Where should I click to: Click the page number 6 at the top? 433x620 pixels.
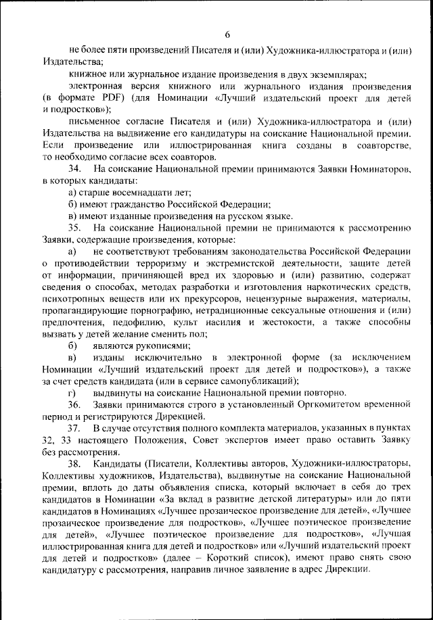[x=227, y=34]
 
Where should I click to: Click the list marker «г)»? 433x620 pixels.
[x=72, y=392]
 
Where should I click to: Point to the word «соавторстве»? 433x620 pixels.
[x=386, y=145]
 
